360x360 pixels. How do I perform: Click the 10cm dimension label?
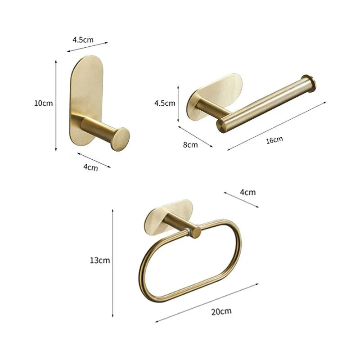[43, 103]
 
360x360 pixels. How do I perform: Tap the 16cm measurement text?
[274, 139]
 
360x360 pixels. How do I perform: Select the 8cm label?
[190, 145]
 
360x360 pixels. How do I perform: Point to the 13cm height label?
[99, 260]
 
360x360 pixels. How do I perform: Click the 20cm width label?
[222, 311]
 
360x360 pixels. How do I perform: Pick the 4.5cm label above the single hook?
[83, 40]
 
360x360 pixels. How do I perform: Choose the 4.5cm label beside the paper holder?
[165, 103]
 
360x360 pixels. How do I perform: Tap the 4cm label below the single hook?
[91, 167]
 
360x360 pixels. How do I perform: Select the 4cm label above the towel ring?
[247, 192]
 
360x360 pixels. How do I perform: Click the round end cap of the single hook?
[120, 139]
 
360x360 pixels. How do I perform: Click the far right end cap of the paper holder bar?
[309, 83]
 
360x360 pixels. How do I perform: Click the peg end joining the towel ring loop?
[195, 232]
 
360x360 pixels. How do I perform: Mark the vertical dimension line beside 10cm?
[56, 106]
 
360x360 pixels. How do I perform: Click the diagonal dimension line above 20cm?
[207, 302]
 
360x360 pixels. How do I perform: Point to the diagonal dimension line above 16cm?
[277, 126]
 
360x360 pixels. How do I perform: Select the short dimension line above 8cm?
[195, 136]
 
